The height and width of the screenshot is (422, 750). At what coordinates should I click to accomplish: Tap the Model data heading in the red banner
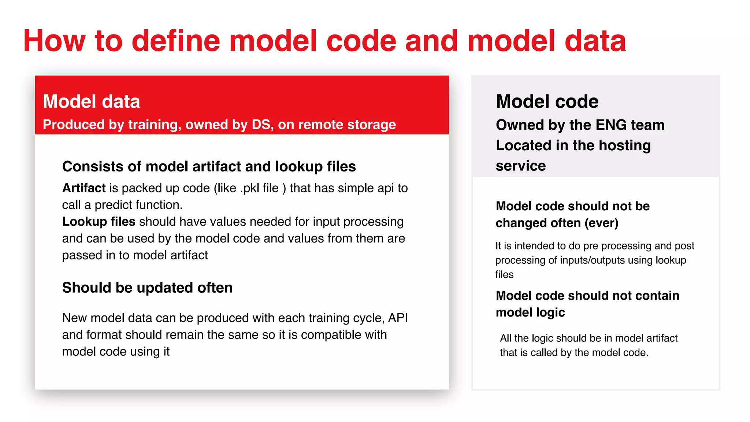tap(91, 101)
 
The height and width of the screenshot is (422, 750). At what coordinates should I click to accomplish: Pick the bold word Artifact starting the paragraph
tap(84, 188)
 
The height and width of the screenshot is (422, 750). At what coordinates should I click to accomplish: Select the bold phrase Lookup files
tap(99, 222)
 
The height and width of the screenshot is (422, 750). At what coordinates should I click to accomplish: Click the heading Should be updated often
tap(147, 288)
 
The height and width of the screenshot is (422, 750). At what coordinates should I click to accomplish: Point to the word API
tap(398, 318)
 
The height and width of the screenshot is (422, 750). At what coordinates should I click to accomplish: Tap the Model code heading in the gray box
tap(547, 101)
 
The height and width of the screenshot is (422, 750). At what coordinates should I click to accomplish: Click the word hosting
tap(625, 145)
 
